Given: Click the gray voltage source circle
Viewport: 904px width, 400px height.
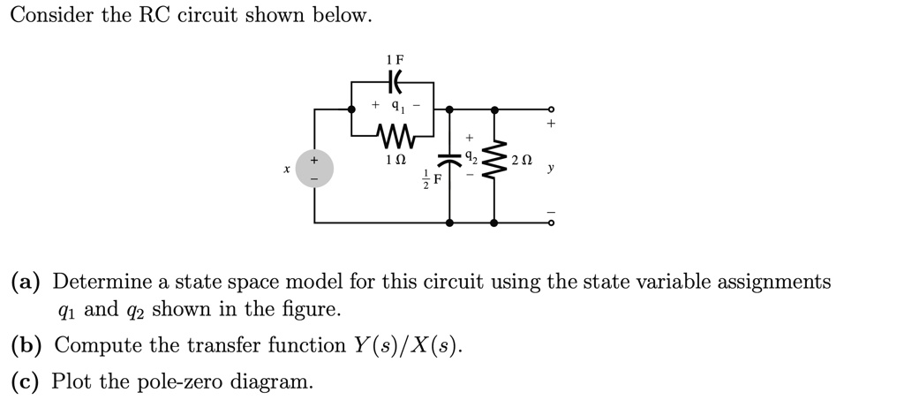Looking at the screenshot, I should (315, 168).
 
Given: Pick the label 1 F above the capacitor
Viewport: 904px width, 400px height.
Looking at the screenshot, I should (394, 58).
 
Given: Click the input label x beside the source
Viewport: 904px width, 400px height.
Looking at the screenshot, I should (286, 168).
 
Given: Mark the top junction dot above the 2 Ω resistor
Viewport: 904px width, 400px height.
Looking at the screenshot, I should (493, 110).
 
